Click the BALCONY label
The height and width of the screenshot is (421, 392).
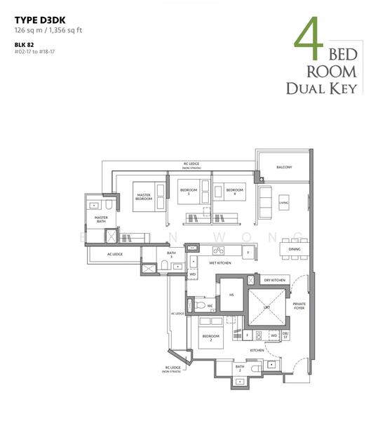(283, 167)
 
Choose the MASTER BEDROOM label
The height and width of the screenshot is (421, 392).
(144, 197)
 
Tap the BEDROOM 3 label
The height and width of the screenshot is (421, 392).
(188, 190)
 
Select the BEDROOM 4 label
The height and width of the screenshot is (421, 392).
(234, 190)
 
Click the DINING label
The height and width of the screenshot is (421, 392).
(295, 248)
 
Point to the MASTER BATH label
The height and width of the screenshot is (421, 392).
(101, 220)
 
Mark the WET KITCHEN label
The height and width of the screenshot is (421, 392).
(219, 262)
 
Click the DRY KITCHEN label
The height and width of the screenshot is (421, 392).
(274, 280)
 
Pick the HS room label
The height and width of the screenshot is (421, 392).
(231, 296)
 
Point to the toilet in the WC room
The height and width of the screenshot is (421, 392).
(200, 306)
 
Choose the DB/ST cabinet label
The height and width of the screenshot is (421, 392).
(285, 335)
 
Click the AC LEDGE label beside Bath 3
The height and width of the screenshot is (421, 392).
(115, 254)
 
